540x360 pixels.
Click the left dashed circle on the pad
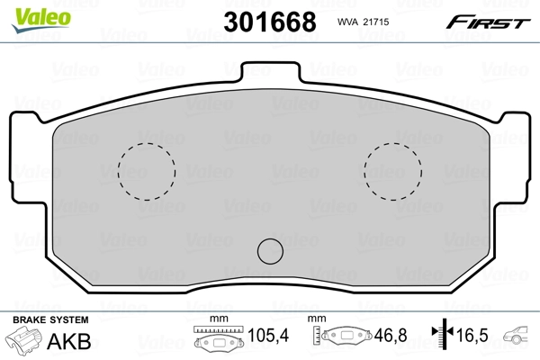pos(147,171)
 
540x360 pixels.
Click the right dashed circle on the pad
pos(393,171)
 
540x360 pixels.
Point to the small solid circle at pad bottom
pos(270,250)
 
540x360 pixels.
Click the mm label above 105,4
pos(216,319)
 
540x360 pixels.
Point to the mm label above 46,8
pos(316,319)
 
